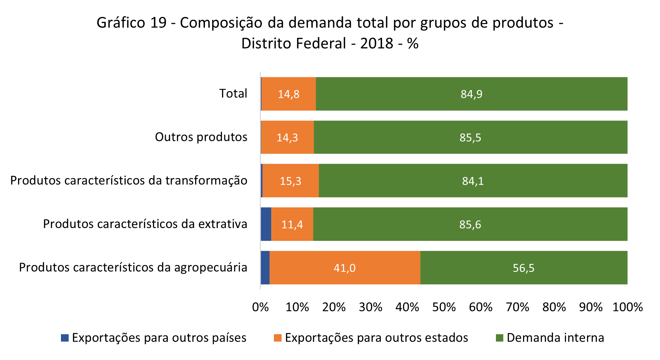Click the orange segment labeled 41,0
[345, 268]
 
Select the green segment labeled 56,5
[523, 268]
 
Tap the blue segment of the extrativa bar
[266, 224]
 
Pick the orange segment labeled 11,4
[292, 224]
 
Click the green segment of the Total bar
[471, 94]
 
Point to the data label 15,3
[290, 181]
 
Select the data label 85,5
[470, 137]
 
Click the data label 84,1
[473, 181]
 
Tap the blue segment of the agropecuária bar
[265, 268]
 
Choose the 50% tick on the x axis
[444, 307]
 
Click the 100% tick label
[627, 307]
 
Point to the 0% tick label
[260, 307]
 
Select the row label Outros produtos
[201, 137]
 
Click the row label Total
[233, 93]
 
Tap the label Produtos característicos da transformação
[129, 181]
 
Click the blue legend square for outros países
[65, 338]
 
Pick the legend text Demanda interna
[555, 338]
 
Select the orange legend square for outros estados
[278, 338]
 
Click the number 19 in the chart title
[158, 23]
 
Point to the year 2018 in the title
[376, 44]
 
